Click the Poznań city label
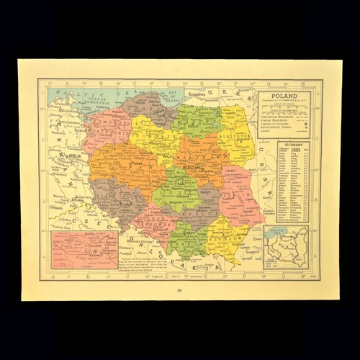coord(118,163)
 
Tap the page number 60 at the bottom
coord(179,291)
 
